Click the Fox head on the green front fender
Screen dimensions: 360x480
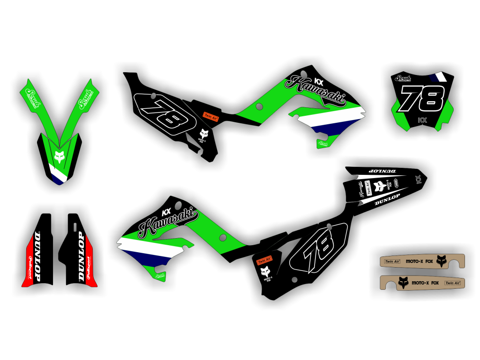click(x=59, y=157)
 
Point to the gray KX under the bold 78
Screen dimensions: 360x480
click(x=422, y=120)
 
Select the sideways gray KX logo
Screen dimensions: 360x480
click(x=419, y=179)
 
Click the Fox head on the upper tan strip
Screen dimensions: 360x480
click(x=441, y=261)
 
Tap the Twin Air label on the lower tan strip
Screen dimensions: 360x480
click(x=452, y=283)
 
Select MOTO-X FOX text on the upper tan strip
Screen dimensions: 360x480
click(x=419, y=261)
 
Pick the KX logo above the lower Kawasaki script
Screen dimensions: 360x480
click(x=165, y=211)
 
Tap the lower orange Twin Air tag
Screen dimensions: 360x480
click(x=264, y=260)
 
